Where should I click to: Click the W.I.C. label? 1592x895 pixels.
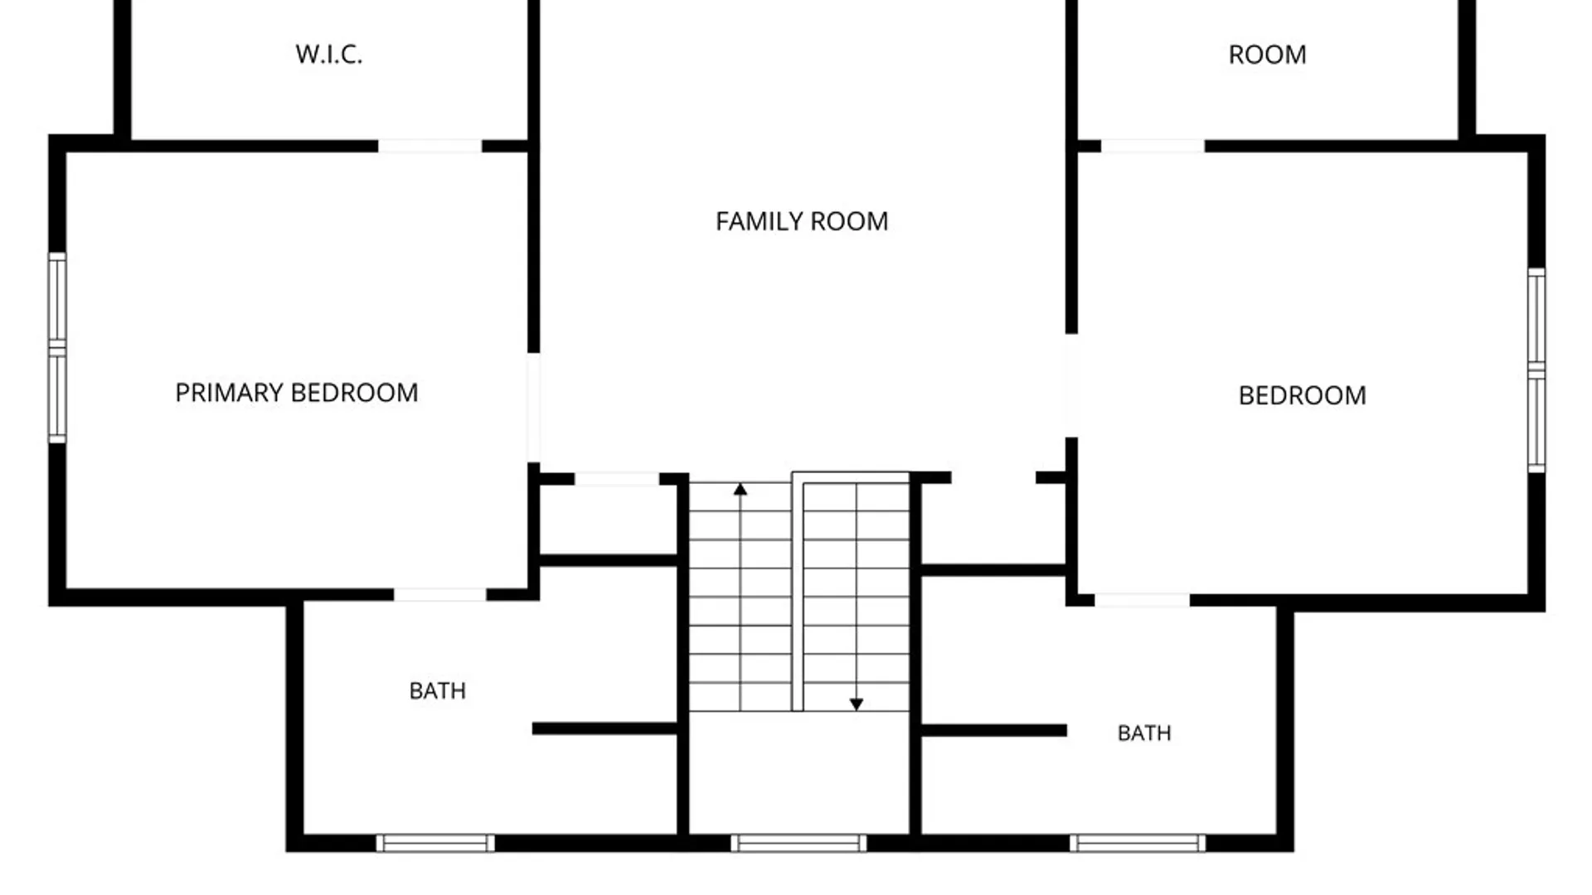(329, 55)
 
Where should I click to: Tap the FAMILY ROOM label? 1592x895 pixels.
(802, 221)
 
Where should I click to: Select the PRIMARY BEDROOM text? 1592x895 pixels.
(297, 393)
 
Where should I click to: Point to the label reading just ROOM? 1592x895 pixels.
(1267, 55)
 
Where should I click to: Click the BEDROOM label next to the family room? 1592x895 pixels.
(1302, 395)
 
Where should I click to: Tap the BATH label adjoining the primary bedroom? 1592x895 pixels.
(438, 691)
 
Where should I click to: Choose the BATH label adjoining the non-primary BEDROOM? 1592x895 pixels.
(1144, 733)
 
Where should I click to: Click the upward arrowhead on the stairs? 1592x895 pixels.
(740, 490)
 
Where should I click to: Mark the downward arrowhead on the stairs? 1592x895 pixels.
(857, 704)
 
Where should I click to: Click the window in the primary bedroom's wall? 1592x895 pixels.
(57, 348)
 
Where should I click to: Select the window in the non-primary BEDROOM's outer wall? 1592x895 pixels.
(1536, 370)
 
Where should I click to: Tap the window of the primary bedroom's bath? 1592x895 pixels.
(435, 844)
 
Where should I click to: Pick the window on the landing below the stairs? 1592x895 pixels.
(798, 844)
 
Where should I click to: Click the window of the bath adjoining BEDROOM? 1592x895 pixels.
(1138, 844)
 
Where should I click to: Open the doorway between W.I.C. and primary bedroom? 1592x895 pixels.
(430, 147)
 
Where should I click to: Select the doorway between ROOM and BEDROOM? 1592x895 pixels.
(1153, 147)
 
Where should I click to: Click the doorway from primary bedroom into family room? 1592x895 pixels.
(534, 408)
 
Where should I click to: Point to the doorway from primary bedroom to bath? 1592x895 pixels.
(439, 595)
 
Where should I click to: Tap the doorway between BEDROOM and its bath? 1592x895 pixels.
(1142, 601)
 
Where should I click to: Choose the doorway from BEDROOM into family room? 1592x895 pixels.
(1071, 385)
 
